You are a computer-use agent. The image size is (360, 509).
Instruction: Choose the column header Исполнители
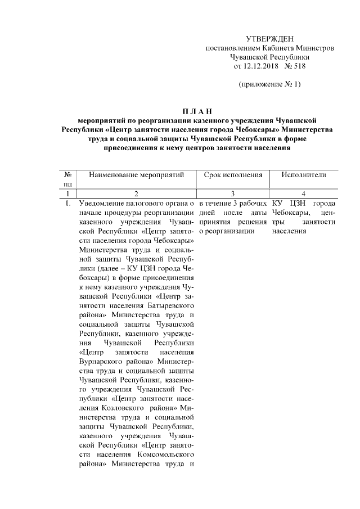(304, 175)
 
